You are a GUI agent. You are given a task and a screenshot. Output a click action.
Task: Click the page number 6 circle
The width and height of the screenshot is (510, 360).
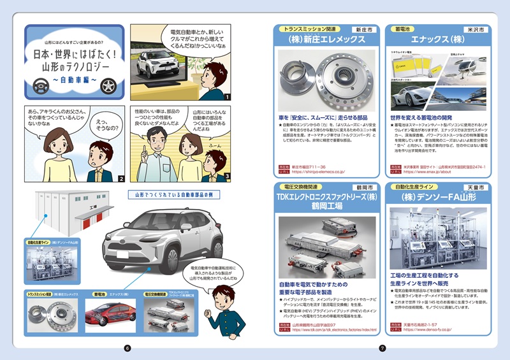pos(127,348)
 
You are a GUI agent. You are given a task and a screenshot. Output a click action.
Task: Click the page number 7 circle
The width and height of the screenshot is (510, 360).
pos(382,348)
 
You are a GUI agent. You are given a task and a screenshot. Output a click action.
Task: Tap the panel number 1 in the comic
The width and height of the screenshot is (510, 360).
pos(226,96)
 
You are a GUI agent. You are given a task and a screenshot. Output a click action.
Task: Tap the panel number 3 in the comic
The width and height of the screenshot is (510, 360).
pos(226,177)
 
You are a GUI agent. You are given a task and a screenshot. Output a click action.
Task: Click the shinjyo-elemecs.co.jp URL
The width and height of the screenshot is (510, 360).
pos(322,171)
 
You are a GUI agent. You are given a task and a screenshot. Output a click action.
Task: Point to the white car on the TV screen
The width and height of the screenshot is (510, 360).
pos(156,64)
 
